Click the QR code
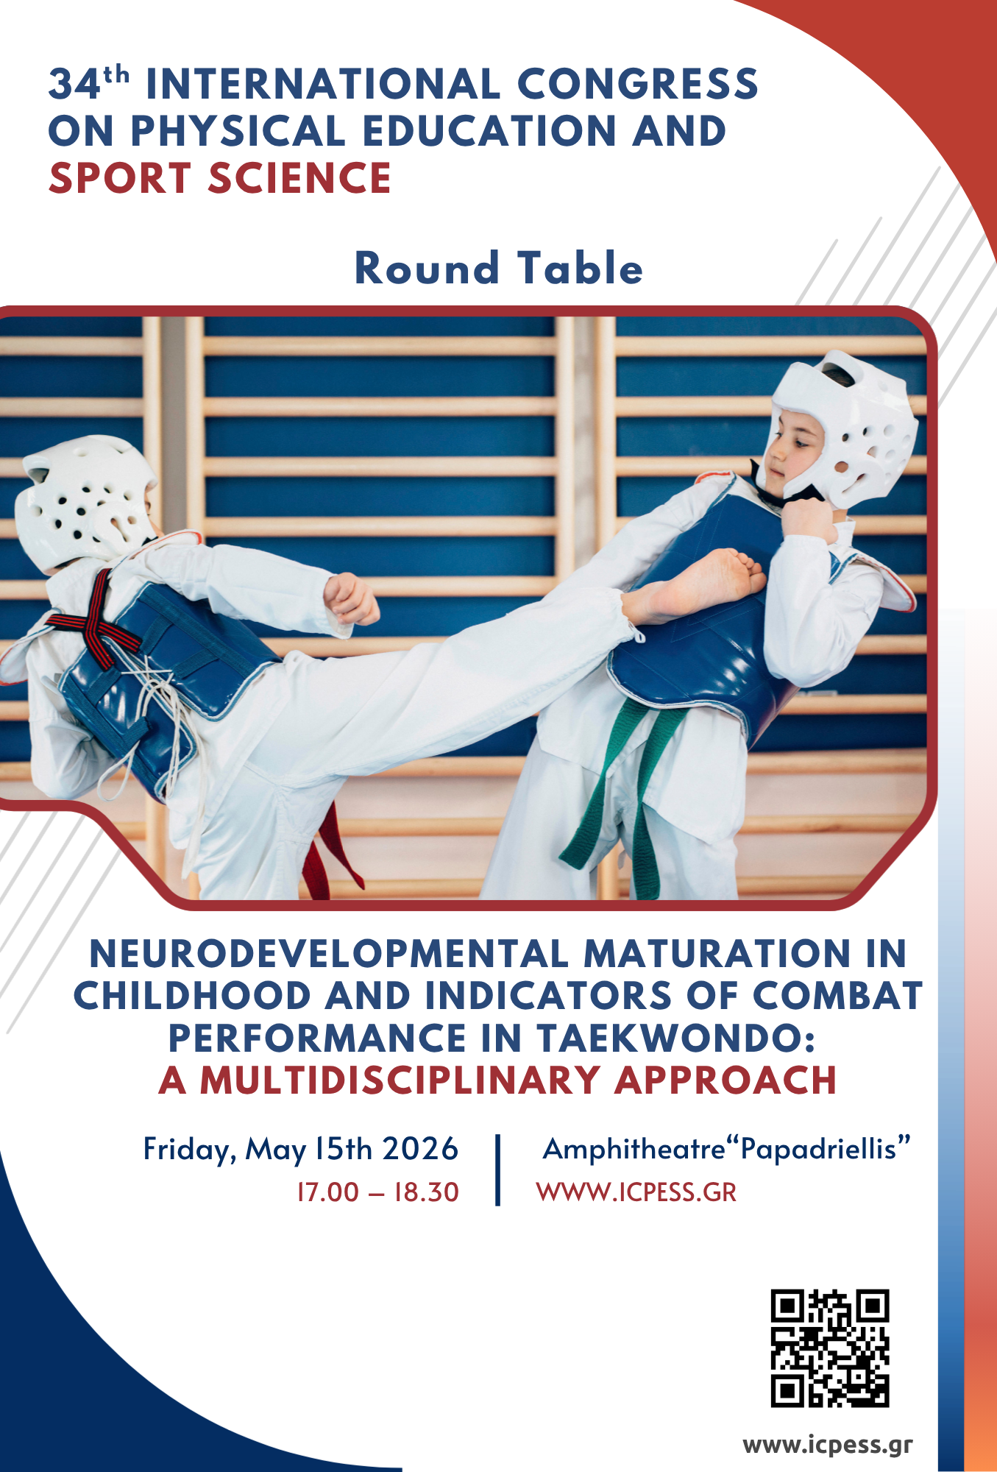tap(830, 1348)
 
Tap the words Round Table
tap(499, 268)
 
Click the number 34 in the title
tap(74, 84)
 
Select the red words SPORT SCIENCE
tap(219, 178)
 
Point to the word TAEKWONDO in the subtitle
tap(675, 1038)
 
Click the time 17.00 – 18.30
tap(377, 1192)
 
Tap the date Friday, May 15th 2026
tap(301, 1149)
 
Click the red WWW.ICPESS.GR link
tap(636, 1192)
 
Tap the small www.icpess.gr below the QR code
tap(828, 1445)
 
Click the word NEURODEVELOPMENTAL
tap(328, 954)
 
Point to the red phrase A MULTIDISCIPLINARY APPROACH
tap(498, 1080)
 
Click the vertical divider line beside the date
tap(498, 1170)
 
